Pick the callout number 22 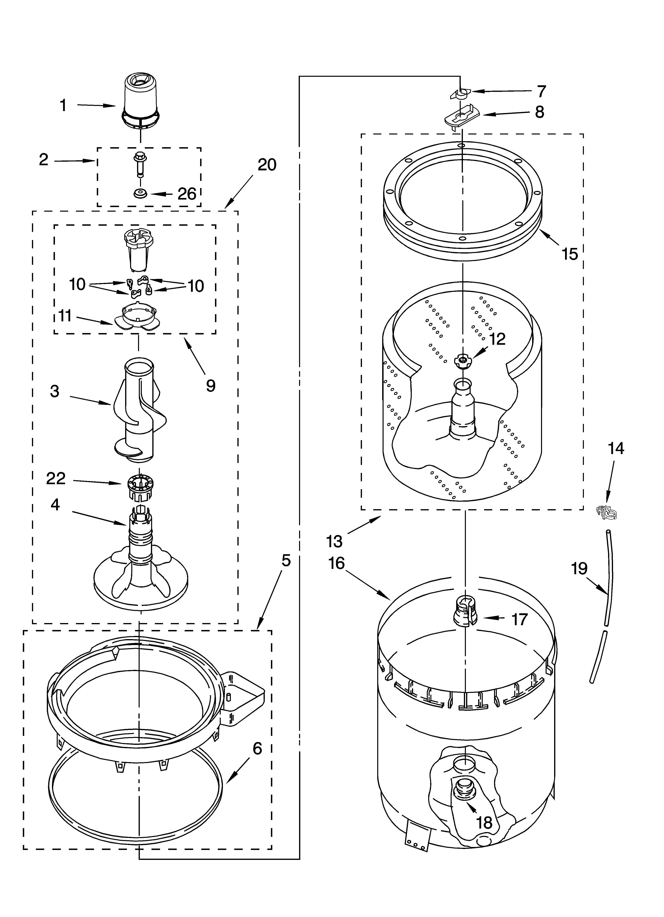(x=56, y=478)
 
